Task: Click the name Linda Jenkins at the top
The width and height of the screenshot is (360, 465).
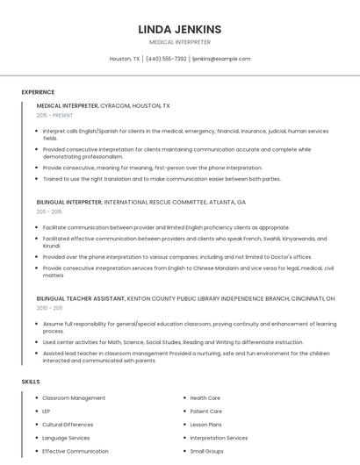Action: (x=180, y=29)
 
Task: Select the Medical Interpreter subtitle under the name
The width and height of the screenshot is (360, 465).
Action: (x=180, y=42)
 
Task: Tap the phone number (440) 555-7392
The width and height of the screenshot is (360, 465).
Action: (x=166, y=59)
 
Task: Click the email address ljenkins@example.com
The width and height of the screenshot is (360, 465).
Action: (x=221, y=59)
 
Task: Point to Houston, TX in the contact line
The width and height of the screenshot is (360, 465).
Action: (x=125, y=59)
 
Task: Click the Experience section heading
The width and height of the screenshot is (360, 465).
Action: (x=38, y=92)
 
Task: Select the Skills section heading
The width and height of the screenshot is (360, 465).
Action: (x=31, y=382)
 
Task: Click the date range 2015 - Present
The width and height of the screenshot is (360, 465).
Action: (x=55, y=115)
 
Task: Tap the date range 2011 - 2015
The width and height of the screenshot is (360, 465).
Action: (x=49, y=211)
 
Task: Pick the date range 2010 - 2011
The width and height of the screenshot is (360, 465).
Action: (x=49, y=308)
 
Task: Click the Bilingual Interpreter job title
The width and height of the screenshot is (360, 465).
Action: (x=69, y=202)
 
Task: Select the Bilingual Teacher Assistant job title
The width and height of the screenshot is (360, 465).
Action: (x=81, y=298)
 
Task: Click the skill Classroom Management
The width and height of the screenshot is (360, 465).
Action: (x=74, y=398)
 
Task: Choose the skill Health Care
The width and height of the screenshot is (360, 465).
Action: (x=205, y=398)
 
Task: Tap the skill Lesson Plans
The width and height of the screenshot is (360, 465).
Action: (x=206, y=425)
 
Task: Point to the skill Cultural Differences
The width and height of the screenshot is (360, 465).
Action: (x=68, y=425)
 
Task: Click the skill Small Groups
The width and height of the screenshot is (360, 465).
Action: (x=207, y=451)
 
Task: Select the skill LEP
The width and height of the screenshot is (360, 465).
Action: (x=47, y=411)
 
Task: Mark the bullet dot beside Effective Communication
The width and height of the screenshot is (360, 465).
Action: (x=36, y=451)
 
